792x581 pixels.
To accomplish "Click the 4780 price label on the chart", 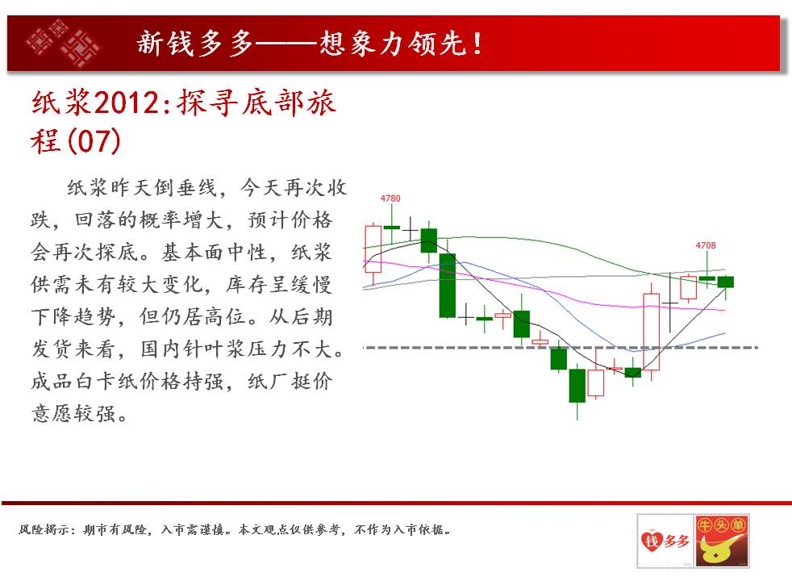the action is pyautogui.click(x=390, y=199).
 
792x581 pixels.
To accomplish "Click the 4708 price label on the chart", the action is pyautogui.click(x=705, y=245).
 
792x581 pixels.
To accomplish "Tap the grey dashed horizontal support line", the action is pyautogui.click(x=561, y=348).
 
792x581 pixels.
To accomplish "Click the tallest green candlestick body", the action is pyautogui.click(x=447, y=286).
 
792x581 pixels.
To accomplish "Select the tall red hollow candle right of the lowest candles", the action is pyautogui.click(x=651, y=332).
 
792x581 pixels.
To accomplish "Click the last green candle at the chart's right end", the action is pyautogui.click(x=725, y=282).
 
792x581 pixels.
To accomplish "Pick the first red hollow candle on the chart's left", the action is pyautogui.click(x=373, y=249).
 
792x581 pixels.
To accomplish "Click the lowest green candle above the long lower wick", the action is pyautogui.click(x=577, y=386).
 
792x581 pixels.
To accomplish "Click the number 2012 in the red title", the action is pyautogui.click(x=127, y=103).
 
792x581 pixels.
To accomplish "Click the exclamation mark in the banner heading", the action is pyautogui.click(x=477, y=44).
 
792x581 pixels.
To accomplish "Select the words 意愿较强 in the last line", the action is pyautogui.click(x=73, y=414).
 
